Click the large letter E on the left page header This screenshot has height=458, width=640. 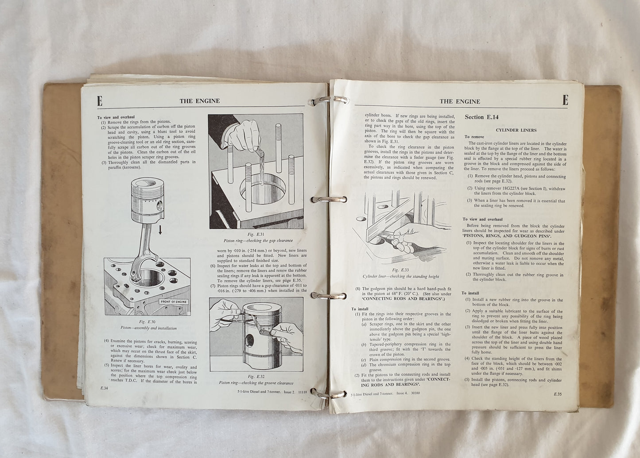pos(100,101)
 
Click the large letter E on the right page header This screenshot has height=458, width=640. pos(565,100)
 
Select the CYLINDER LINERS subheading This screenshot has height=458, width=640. pos(516,130)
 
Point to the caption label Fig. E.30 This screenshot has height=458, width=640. pos(148,322)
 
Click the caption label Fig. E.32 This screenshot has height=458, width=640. pos(256,377)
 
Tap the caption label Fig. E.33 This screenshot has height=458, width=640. pos(401,270)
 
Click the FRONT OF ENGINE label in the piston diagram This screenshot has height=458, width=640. pos(174,302)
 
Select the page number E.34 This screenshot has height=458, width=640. pos(105,388)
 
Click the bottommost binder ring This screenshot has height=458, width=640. pos(327,393)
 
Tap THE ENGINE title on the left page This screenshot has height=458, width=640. pos(199,101)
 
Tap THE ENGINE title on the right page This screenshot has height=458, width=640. pos(460,101)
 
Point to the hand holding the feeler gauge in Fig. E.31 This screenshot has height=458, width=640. pos(243,135)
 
